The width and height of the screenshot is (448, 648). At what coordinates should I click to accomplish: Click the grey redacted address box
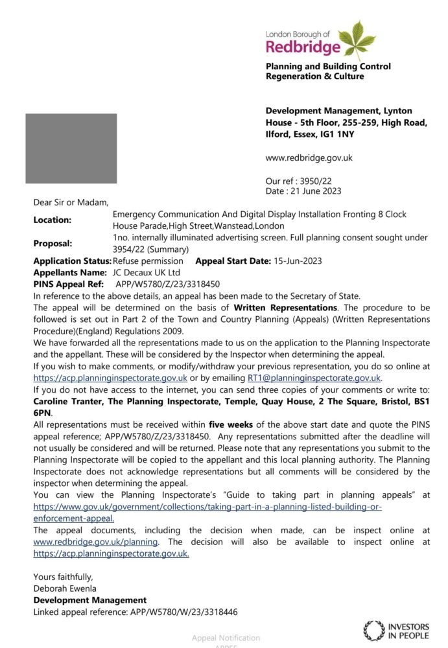tap(71, 148)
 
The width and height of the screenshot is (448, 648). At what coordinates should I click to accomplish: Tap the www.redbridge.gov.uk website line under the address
tap(309, 157)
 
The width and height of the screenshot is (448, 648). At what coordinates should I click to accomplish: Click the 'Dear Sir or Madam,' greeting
tap(71, 202)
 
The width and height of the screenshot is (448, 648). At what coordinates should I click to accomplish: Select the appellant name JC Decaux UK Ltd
tap(147, 272)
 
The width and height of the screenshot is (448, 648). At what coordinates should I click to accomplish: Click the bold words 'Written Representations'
tap(285, 307)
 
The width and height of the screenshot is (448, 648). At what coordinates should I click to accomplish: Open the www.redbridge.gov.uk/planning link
tap(95, 542)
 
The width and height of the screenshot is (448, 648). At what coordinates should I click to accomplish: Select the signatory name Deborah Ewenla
tap(64, 588)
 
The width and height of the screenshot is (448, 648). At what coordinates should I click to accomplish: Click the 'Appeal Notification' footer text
tap(226, 638)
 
